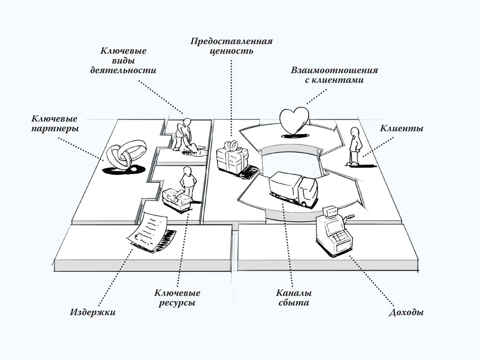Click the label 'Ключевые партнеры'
tap(54, 124)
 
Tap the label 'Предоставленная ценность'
tap(232, 46)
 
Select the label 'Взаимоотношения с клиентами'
tap(335, 75)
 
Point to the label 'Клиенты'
tap(402, 128)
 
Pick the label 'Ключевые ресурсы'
tap(177, 298)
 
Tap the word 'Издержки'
tap(93, 312)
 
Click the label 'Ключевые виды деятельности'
tap(122, 61)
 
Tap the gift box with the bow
tap(232, 158)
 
